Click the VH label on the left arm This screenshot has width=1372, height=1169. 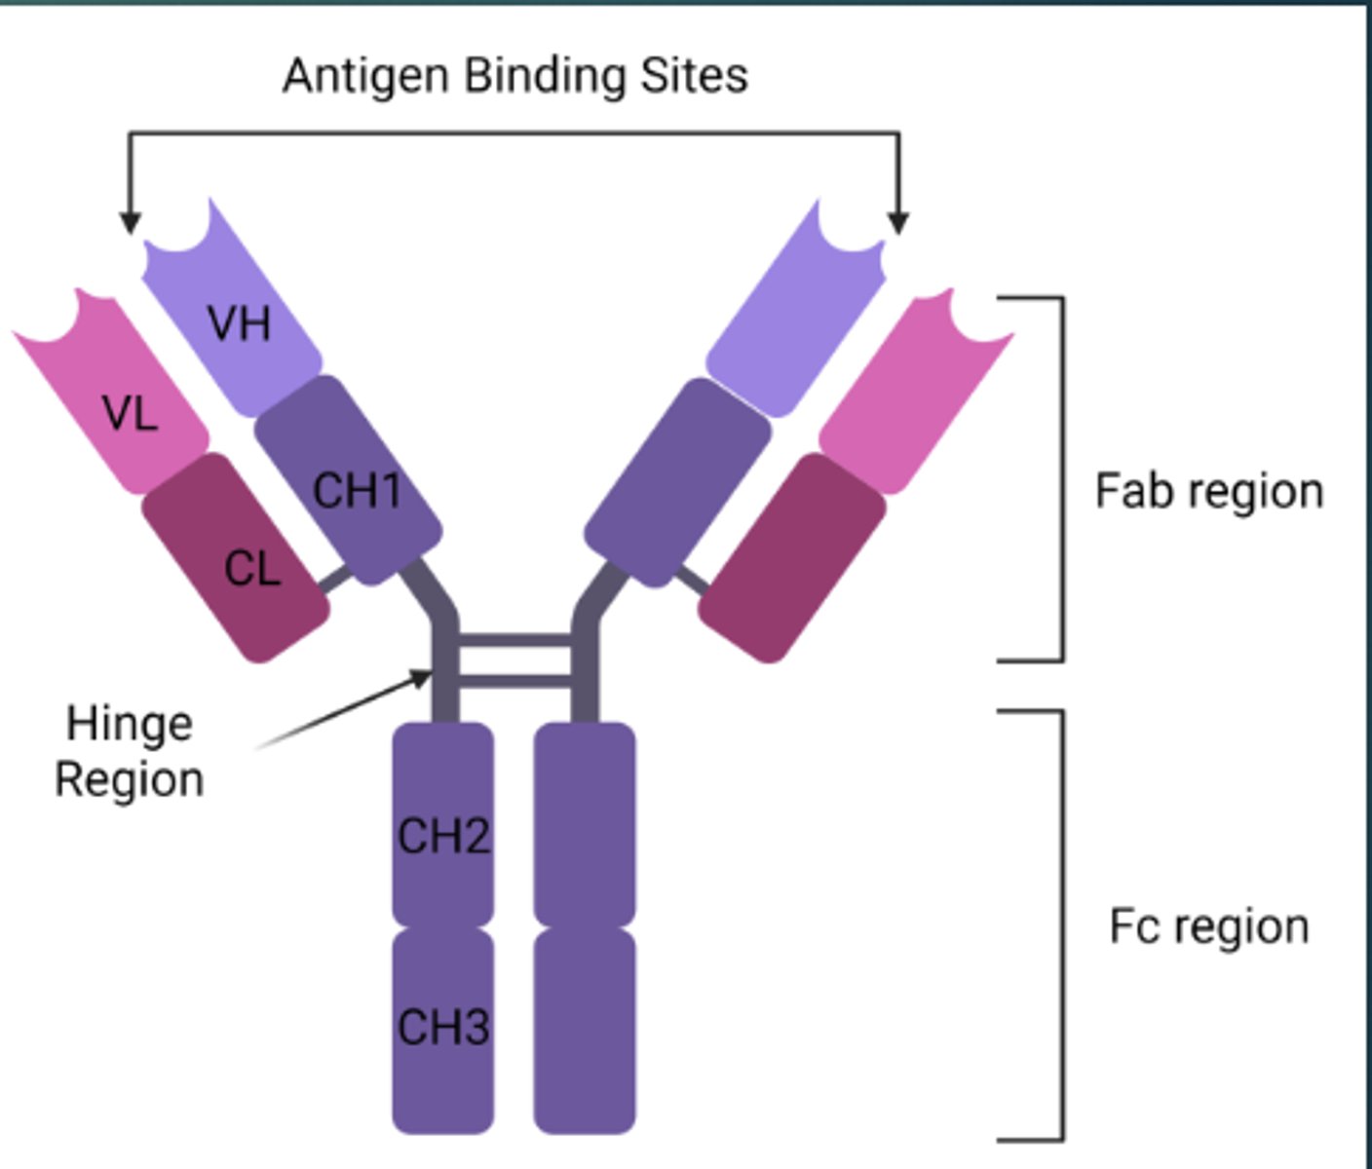pos(239,322)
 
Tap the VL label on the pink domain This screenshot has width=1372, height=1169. pos(130,414)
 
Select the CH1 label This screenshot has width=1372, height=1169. pos(357,490)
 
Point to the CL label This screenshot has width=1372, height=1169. pos(252,569)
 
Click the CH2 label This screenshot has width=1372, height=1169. pos(443,836)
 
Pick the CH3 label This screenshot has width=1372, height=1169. pos(443,1027)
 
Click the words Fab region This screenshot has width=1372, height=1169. pos(1209,491)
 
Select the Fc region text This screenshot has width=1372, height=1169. pos(1209,926)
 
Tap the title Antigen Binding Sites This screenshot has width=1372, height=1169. pos(515,76)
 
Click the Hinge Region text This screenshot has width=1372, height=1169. pos(129,751)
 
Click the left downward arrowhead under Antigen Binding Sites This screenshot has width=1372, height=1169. pos(130,223)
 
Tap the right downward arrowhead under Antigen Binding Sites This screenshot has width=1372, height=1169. pos(898,223)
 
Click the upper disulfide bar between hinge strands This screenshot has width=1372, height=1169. pos(514,640)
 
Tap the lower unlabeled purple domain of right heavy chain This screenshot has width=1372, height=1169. pos(585,1031)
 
